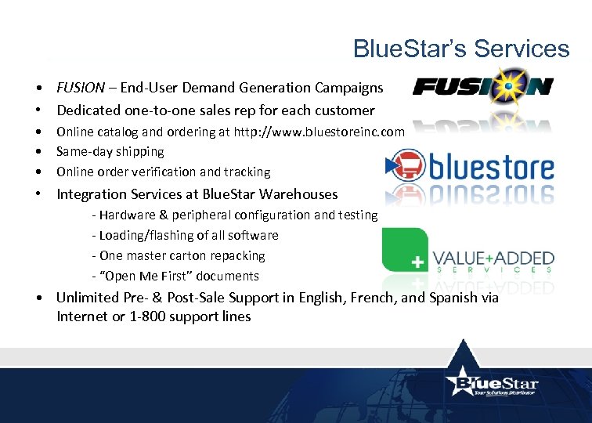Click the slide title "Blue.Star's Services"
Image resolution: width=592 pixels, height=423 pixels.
point(461,49)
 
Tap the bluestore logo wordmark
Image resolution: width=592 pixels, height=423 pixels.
point(490,167)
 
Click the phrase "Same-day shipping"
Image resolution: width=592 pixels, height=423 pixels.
point(110,151)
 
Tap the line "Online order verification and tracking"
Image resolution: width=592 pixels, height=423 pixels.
point(164,172)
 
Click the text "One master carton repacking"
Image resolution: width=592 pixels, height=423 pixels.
point(182,255)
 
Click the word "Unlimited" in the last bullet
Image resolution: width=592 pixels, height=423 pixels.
point(88,298)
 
